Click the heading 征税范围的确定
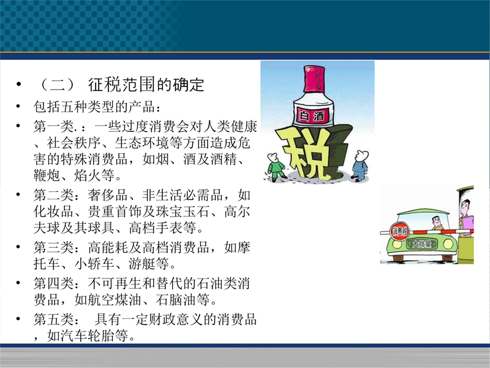click(x=146, y=85)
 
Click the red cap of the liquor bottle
click(x=314, y=79)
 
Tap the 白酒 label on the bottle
click(x=312, y=116)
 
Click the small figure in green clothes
click(x=276, y=167)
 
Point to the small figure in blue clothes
click(x=360, y=166)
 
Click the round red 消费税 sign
click(x=400, y=231)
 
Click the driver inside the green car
click(x=437, y=223)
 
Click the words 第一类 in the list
click(x=54, y=126)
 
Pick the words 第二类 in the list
click(x=54, y=195)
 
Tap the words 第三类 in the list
click(x=54, y=248)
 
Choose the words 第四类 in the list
click(x=54, y=283)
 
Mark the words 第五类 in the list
click(x=54, y=320)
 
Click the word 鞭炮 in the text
click(x=47, y=175)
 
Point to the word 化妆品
click(x=54, y=212)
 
